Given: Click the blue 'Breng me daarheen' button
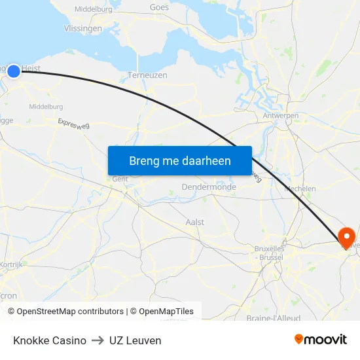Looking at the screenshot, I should (x=180, y=160).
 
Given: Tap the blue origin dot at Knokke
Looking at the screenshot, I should (x=13, y=70).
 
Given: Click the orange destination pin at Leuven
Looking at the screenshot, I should (x=345, y=236).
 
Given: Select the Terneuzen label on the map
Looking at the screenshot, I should (x=147, y=75).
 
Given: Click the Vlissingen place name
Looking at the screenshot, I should (x=83, y=29).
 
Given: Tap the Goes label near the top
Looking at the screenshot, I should (x=159, y=8).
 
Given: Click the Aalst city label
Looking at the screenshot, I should (x=195, y=223).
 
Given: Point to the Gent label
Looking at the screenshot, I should (x=120, y=179).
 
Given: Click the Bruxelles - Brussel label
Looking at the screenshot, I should (x=268, y=253).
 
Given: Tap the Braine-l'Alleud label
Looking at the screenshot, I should (x=273, y=318).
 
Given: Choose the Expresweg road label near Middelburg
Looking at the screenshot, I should (x=73, y=125).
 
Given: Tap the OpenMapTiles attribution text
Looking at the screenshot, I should (x=166, y=312).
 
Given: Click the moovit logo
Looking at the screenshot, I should (x=321, y=340).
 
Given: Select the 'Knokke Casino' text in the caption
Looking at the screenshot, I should (x=50, y=340).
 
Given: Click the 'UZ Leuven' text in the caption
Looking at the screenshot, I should (x=135, y=340).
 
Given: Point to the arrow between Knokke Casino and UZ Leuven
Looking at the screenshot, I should (x=98, y=340).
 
